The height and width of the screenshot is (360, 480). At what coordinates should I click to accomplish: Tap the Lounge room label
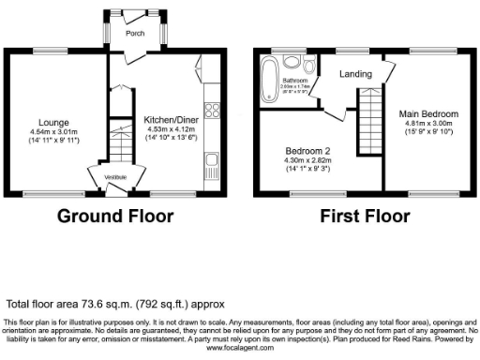click(52, 122)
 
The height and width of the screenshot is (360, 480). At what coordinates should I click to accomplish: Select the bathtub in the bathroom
click(270, 71)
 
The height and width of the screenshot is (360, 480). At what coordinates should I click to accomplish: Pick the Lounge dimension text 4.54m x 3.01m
click(52, 132)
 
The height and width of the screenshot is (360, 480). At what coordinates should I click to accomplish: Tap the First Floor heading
click(365, 216)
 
